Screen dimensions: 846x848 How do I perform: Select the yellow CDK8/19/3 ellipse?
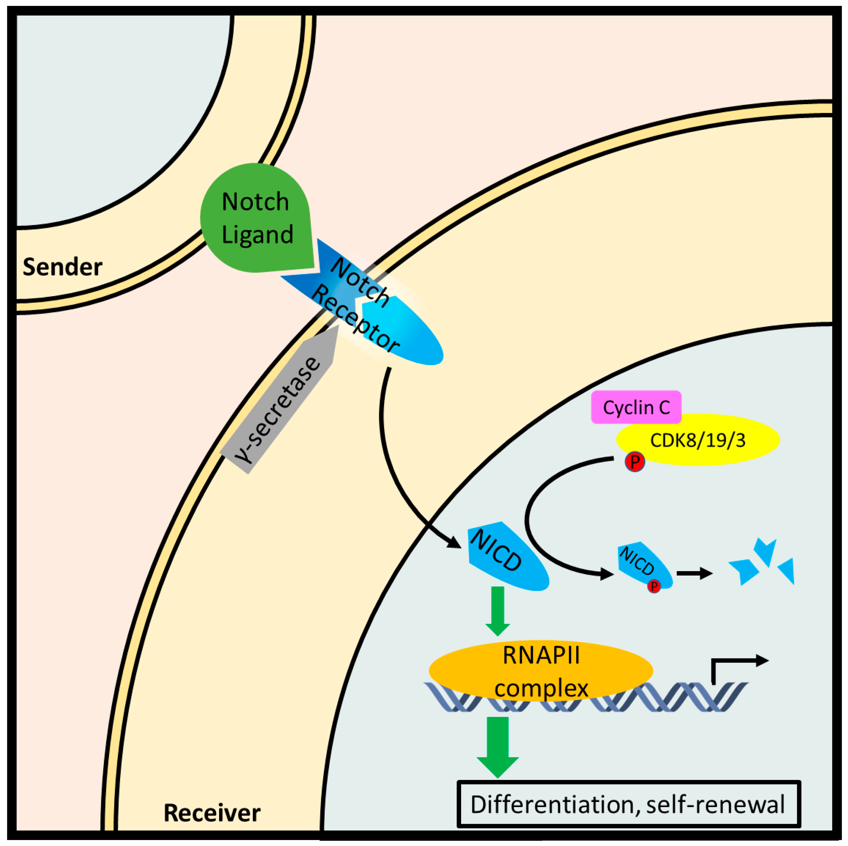point(702,440)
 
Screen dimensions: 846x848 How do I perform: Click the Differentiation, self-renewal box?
point(628,804)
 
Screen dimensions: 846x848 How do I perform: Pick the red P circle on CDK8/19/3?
point(635,462)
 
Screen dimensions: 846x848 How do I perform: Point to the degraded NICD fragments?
point(764,564)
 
